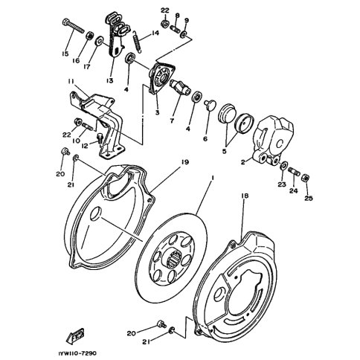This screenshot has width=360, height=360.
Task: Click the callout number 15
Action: [x=65, y=54]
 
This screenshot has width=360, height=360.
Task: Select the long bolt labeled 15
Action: [x=74, y=27]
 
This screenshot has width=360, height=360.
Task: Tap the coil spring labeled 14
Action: [x=137, y=42]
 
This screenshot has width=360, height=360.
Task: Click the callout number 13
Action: [x=110, y=80]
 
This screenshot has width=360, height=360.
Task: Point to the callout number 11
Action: [x=71, y=82]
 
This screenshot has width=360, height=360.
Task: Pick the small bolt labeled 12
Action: [x=100, y=137]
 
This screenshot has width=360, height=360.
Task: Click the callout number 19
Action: [x=184, y=162]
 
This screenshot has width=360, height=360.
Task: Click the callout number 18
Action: [x=245, y=196]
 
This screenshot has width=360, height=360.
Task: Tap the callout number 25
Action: [x=309, y=198]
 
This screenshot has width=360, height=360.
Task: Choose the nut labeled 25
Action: [x=305, y=178]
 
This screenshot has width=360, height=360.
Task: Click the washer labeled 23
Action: [x=284, y=165]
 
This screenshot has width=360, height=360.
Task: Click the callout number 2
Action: [x=242, y=162]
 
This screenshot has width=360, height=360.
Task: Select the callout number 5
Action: [x=225, y=151]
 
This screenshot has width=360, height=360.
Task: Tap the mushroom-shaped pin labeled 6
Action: [x=208, y=105]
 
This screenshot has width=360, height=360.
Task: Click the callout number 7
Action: [x=172, y=121]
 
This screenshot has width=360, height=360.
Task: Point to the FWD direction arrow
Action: [x=75, y=336]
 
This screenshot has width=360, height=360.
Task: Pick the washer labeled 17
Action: [x=100, y=41]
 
